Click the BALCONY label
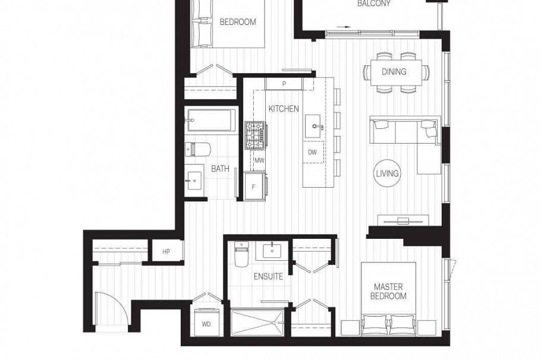pos(374,4)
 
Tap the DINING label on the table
pos(394,72)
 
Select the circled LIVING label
pos(388,173)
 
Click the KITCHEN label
pos(284,109)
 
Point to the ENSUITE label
pos(268,276)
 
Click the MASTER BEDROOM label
pos(389,291)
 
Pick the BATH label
pos(220,169)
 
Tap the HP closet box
pos(166,251)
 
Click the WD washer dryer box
pos(207,324)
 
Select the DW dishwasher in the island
pos(313,152)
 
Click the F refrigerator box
pos(254,187)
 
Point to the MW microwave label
pos(259,160)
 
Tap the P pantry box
pos(284,84)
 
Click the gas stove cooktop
pos(256,135)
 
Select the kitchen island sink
pos(314,126)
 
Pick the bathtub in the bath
pos(210,120)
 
